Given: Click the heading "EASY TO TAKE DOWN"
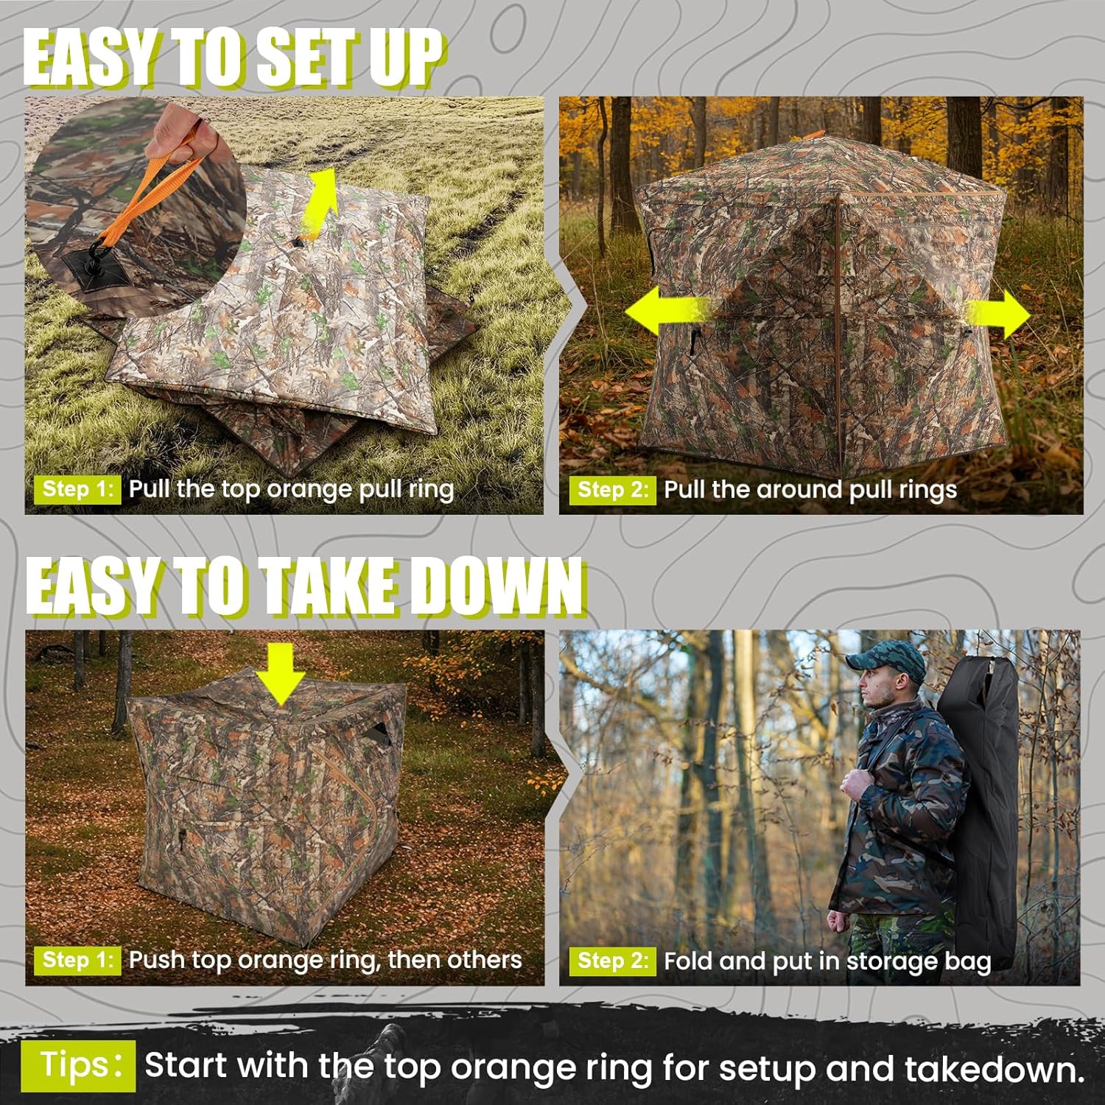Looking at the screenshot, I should click(x=305, y=586).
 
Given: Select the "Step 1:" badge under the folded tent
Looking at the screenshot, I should click(x=77, y=489).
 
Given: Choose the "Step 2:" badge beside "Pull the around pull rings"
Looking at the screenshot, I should click(x=611, y=490).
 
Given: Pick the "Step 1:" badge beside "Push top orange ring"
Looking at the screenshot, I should click(x=77, y=960).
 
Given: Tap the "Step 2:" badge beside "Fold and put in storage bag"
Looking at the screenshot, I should click(x=611, y=961).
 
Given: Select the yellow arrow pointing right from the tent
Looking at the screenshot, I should click(x=998, y=314).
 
